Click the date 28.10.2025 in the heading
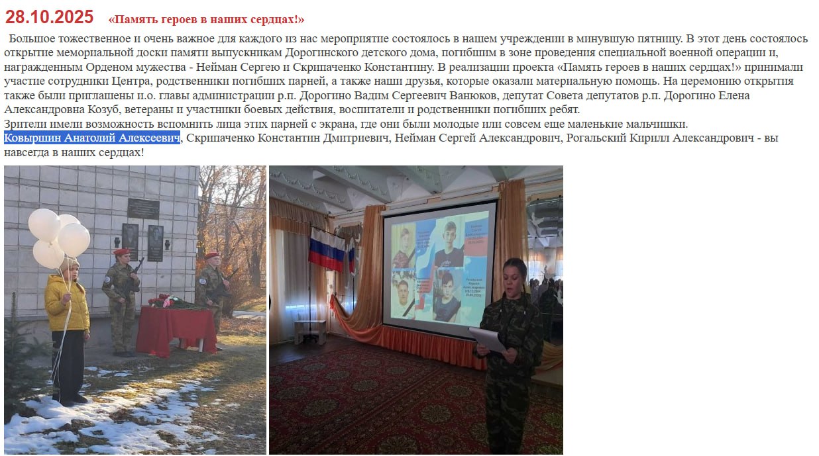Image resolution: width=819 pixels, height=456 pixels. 49,17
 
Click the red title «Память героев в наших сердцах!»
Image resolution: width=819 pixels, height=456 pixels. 206,19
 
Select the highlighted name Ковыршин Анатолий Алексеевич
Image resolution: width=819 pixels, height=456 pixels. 92,138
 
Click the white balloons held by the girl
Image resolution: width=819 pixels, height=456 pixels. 59,238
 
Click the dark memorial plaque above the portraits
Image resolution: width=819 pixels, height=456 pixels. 143,208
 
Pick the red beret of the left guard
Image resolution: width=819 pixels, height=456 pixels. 121,251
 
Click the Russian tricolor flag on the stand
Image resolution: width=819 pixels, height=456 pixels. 327,250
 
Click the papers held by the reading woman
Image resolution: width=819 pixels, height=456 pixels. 488,339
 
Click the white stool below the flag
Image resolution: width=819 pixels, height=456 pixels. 309,330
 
